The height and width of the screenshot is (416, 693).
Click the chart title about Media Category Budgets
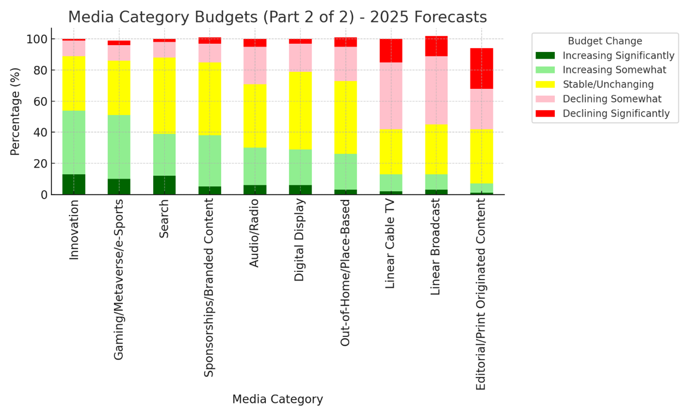[x=277, y=17]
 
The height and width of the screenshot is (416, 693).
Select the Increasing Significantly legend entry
[x=618, y=56]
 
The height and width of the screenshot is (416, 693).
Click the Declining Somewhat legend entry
[x=612, y=99]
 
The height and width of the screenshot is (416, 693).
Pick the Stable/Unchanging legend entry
[x=608, y=84]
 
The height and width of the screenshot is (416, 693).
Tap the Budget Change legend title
[x=605, y=41]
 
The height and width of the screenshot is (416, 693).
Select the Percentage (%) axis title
[x=15, y=112]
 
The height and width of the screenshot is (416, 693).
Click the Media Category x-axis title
[x=277, y=399]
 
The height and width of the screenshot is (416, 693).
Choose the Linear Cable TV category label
[x=390, y=244]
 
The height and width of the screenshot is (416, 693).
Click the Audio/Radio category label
[x=254, y=233]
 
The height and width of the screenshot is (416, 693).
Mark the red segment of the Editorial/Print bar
[x=482, y=68]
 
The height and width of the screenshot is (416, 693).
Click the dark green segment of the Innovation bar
[x=74, y=184]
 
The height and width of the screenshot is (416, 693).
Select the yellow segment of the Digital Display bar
[x=300, y=111]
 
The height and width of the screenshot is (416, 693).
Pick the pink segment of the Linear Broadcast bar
[x=436, y=90]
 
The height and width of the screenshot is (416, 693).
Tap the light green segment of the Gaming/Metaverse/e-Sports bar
[x=119, y=147]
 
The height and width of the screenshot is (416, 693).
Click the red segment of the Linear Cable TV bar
[x=391, y=50]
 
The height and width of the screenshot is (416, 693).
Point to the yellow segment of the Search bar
[x=164, y=96]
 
